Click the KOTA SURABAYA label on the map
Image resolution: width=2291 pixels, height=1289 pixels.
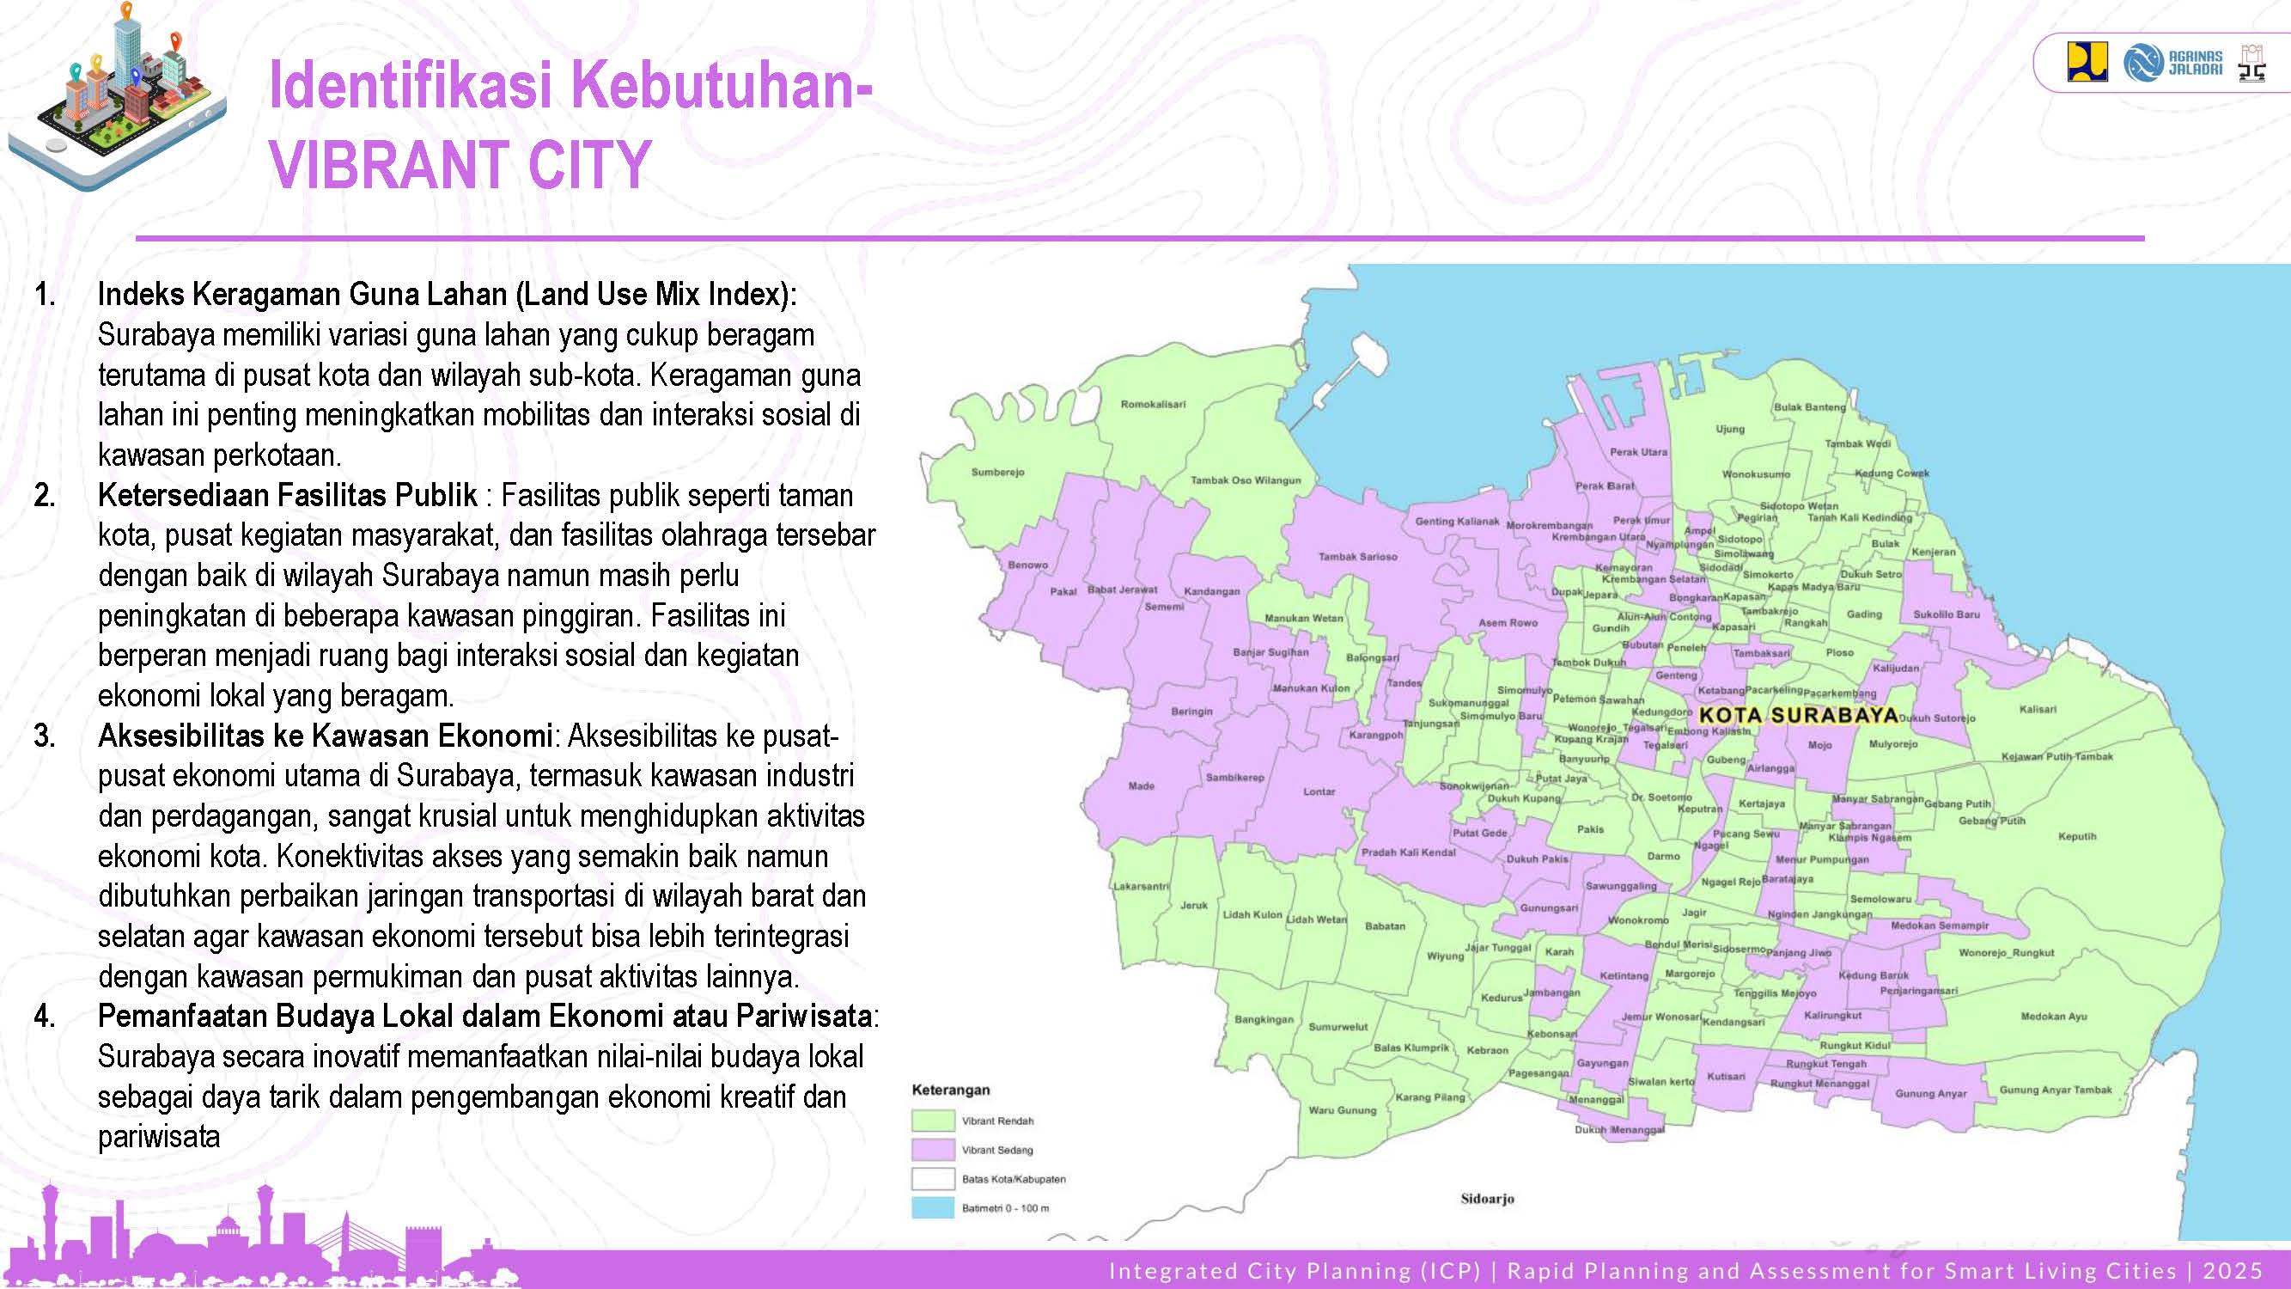(1798, 716)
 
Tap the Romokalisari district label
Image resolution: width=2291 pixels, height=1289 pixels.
(1153, 404)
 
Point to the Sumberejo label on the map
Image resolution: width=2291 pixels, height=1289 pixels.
(998, 473)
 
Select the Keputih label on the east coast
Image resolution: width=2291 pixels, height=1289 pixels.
(2076, 836)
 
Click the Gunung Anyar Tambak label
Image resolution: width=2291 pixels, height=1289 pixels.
(2056, 1090)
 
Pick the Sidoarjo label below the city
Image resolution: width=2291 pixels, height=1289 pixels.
(1487, 1198)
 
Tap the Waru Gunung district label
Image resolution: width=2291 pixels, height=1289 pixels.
(1342, 1110)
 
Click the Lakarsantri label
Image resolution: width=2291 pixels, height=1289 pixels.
(1141, 886)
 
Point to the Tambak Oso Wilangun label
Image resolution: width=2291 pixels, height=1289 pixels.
(1245, 480)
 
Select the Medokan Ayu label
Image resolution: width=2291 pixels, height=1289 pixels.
(2054, 1016)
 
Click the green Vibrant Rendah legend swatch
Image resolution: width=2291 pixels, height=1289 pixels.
(932, 1121)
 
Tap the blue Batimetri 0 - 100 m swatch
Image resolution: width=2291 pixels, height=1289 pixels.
(932, 1208)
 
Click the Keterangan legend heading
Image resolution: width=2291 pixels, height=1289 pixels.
(951, 1090)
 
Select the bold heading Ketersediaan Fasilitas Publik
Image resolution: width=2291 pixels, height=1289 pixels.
(287, 496)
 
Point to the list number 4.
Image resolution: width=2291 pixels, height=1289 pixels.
(45, 1016)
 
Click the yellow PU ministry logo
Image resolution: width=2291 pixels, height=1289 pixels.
(2087, 62)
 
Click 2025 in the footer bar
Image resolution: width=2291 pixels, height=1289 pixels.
(2233, 1271)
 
